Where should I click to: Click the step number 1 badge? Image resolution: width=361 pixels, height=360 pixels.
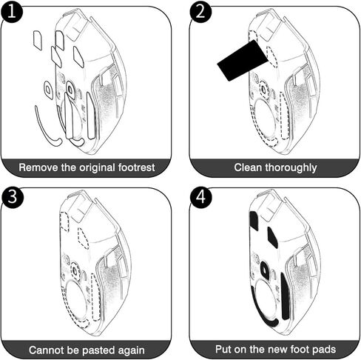[11, 11]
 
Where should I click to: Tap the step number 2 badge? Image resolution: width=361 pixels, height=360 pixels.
[200, 11]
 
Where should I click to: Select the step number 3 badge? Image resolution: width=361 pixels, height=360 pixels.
[13, 197]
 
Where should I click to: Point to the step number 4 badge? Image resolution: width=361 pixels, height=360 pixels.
[201, 197]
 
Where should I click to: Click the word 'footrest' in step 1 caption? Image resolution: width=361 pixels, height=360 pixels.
[136, 167]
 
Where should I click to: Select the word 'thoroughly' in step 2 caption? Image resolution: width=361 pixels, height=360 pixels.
[291, 168]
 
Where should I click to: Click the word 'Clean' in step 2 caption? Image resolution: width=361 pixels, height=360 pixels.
[248, 167]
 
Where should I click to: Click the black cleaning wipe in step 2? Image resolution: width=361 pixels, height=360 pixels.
[243, 61]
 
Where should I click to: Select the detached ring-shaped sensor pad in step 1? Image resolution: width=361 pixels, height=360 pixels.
[48, 89]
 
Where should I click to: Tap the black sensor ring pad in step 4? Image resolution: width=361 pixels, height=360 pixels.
[264, 268]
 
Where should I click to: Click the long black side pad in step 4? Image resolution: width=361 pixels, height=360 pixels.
[285, 296]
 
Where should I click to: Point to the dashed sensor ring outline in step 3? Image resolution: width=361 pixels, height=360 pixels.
[75, 270]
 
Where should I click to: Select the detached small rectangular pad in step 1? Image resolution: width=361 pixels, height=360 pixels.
[38, 40]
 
